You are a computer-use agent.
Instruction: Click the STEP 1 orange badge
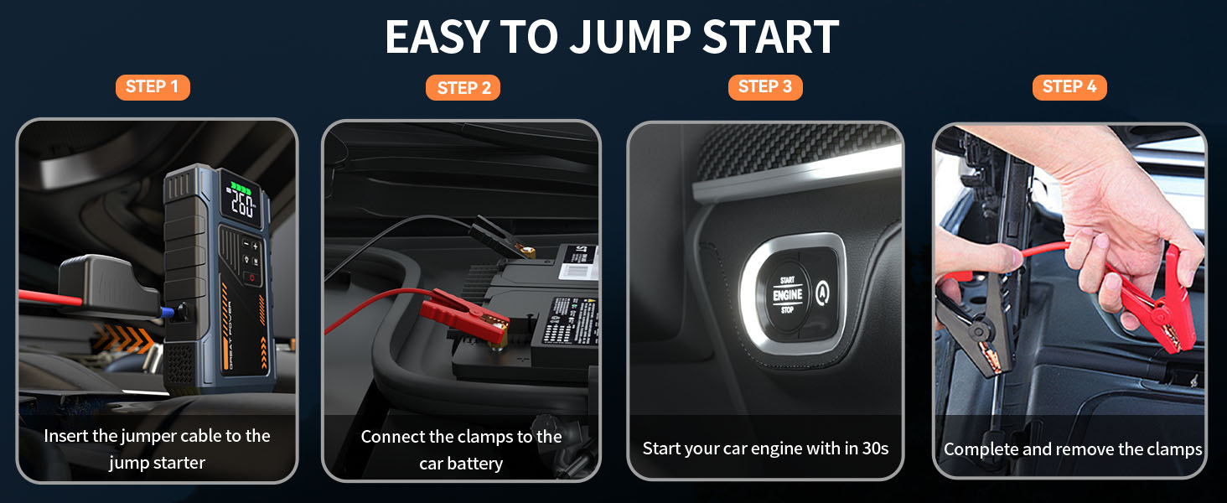pyautogui.click(x=153, y=87)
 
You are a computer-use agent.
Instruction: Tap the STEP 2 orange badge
pyautogui.click(x=463, y=88)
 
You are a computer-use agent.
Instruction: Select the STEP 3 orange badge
pyautogui.click(x=764, y=87)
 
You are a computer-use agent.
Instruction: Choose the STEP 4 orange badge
pyautogui.click(x=1069, y=87)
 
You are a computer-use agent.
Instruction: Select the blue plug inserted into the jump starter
pyautogui.click(x=171, y=312)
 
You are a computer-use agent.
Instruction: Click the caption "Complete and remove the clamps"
pyautogui.click(x=1073, y=449)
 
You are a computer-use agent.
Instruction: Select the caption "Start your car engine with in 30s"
pyautogui.click(x=765, y=449)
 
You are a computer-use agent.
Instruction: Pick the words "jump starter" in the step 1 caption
pyautogui.click(x=157, y=462)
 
